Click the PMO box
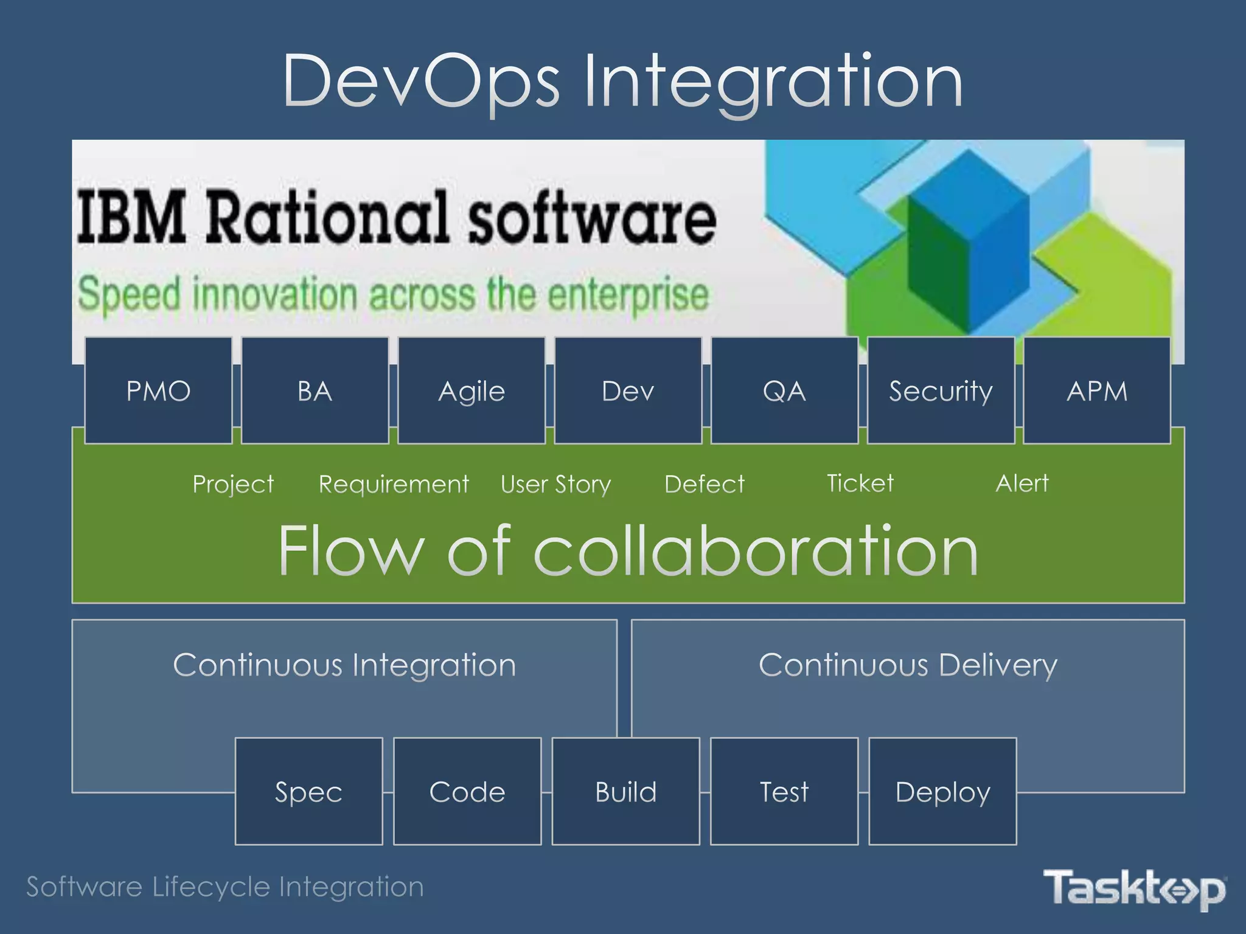coord(158,390)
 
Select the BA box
coord(315,390)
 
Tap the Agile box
coord(472,390)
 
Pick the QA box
coord(784,390)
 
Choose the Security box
coord(941,390)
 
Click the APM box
coord(1097,390)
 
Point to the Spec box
coord(308,791)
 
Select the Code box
coord(467,791)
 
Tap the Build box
coord(625,791)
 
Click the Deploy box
coord(942,791)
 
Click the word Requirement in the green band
coord(394,484)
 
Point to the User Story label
coord(555,485)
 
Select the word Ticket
coord(860,483)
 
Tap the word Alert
coord(1022,483)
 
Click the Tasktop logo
coord(1135,888)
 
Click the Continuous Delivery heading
coord(908,665)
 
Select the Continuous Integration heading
coord(344,665)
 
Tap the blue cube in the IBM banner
coord(969,237)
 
